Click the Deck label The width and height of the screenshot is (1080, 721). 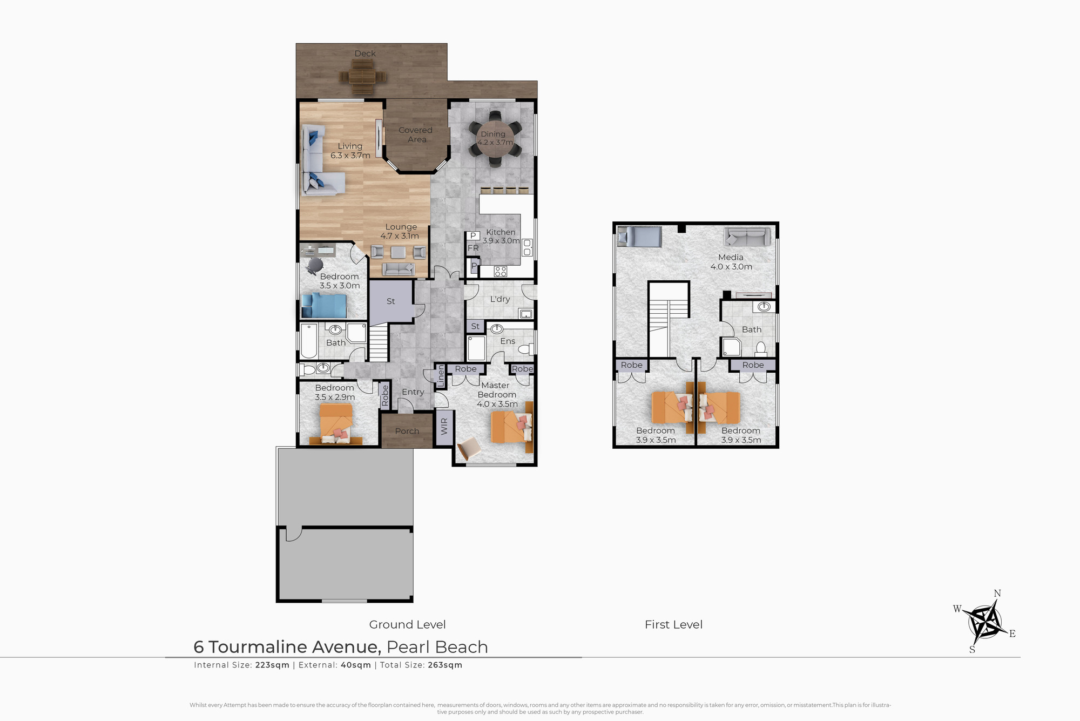(365, 53)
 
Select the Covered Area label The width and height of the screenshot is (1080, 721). (416, 134)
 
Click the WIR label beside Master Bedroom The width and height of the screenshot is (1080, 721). (444, 427)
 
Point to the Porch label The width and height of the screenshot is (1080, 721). (407, 431)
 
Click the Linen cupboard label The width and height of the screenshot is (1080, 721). (441, 376)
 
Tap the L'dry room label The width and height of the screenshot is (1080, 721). (500, 299)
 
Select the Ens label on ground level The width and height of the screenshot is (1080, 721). (508, 341)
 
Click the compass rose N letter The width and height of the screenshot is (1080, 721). (997, 594)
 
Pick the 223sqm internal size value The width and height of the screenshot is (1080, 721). (273, 665)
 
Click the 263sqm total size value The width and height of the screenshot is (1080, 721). (445, 665)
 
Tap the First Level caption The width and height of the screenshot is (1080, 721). (673, 624)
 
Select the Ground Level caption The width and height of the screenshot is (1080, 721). (407, 624)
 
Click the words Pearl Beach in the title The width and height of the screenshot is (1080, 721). (437, 646)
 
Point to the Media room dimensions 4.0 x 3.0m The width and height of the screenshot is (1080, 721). (731, 267)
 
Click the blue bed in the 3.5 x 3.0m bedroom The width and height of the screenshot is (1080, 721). (324, 305)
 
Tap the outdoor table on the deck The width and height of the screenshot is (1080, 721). (363, 77)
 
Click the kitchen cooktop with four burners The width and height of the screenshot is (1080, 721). (501, 271)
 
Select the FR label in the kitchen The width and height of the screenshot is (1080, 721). (473, 248)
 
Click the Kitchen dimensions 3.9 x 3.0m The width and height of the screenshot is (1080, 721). (501, 241)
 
